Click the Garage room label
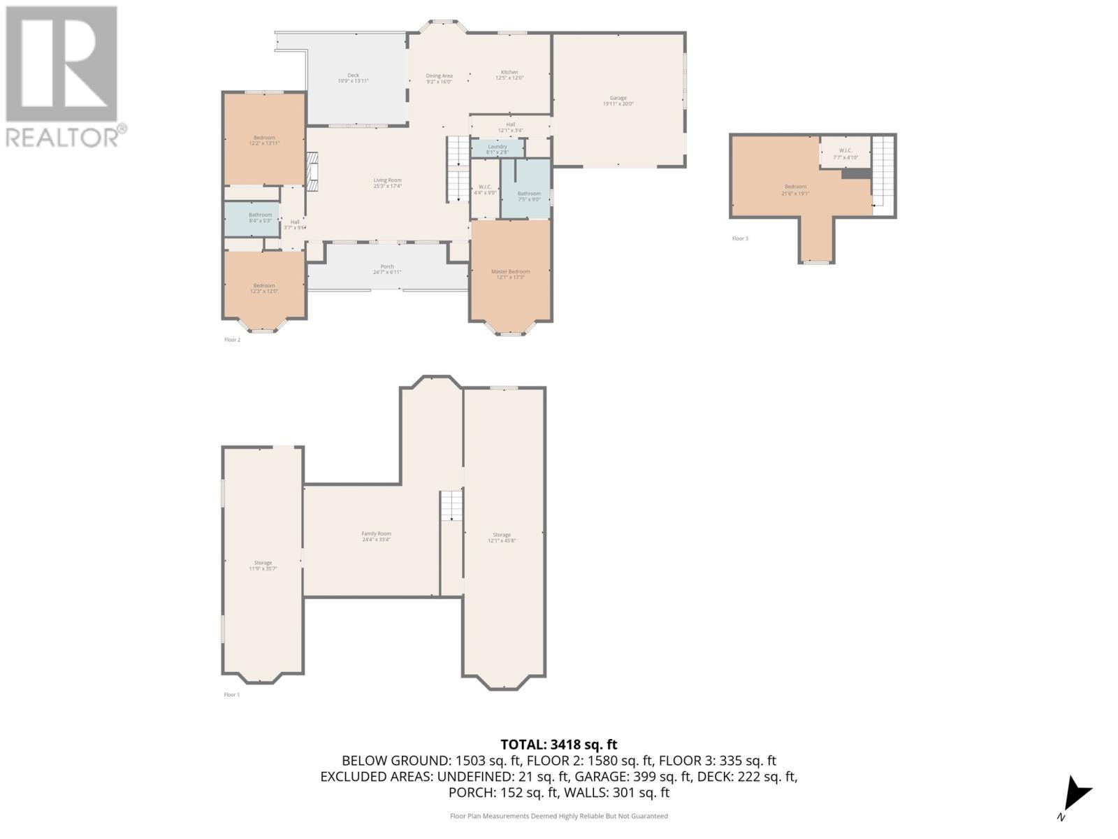tap(618, 101)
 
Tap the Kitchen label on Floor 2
tap(509, 75)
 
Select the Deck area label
tap(353, 78)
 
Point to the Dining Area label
tap(439, 78)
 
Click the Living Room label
tap(387, 183)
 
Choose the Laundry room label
tap(497, 149)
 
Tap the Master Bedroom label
tap(510, 274)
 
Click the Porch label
tap(387, 269)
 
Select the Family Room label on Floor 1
tap(376, 536)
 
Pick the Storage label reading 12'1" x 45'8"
tap(501, 537)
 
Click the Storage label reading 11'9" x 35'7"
tap(263, 565)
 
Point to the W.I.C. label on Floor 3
tap(845, 153)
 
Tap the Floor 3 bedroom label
tap(795, 189)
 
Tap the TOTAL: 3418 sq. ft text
tap(558, 745)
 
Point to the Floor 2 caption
tap(232, 340)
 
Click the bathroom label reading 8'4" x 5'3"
tap(260, 217)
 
